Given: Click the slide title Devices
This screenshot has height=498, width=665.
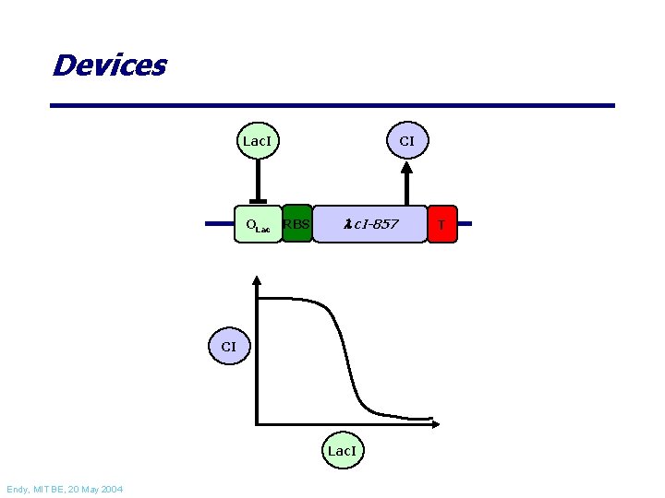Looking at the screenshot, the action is point(110,65).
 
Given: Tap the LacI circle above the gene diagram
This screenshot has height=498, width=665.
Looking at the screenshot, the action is point(258,140).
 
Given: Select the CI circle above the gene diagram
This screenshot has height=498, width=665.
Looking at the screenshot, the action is point(407,140).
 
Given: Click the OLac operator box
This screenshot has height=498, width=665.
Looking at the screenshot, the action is point(259,224).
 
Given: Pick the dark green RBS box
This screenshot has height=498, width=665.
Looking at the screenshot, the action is point(296,223).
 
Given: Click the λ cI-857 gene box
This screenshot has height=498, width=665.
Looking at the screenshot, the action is point(369,224).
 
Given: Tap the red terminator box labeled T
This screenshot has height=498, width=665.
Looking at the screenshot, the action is point(442,224).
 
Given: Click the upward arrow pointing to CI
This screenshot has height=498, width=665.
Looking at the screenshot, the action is point(406,184).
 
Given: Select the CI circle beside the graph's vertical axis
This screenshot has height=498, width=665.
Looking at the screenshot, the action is point(229,346).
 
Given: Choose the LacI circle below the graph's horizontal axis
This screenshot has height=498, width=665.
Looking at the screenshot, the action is point(343,450).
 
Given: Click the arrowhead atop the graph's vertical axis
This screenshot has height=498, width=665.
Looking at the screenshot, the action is point(256,280).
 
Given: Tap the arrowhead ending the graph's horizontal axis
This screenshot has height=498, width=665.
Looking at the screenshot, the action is point(436,423).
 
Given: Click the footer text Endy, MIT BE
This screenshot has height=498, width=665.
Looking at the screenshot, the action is point(35,490).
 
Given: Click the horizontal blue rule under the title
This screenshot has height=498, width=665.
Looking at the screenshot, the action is point(332,105).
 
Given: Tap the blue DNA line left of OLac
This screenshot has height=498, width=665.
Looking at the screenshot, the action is point(220,223).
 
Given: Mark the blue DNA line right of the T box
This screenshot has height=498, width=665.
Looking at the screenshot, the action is point(465,223).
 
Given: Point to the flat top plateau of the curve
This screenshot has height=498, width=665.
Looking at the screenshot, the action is point(288,299).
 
